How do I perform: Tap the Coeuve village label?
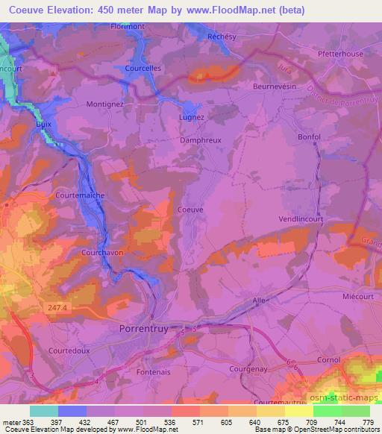coord(190,210)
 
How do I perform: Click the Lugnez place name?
coord(191,117)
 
